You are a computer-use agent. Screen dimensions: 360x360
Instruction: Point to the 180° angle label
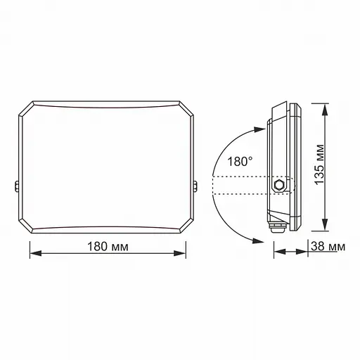pos(240,161)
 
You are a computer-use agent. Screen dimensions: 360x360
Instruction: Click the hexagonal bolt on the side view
pos(280,185)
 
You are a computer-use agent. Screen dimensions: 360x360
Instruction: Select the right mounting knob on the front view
pos(196,187)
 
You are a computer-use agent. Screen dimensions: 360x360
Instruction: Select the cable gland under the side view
pos(278,227)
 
